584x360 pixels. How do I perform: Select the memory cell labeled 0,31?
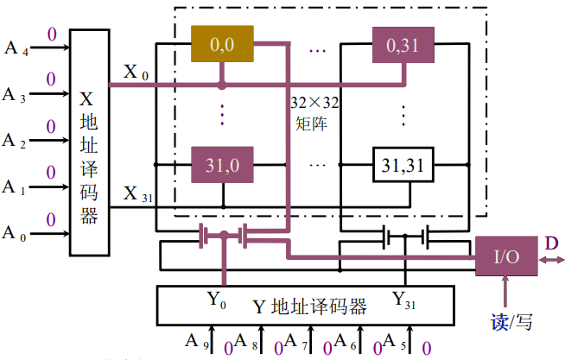pyautogui.click(x=403, y=43)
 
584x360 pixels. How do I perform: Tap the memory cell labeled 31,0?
pyautogui.click(x=223, y=163)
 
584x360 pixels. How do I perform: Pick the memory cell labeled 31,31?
pyautogui.click(x=403, y=163)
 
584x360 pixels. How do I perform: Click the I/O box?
pyautogui.click(x=505, y=256)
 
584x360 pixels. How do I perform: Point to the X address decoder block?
pyautogui.click(x=88, y=142)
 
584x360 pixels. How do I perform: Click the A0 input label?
pyautogui.click(x=15, y=233)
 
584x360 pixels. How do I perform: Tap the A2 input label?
pyautogui.click(x=15, y=140)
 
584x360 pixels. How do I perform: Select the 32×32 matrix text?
pyautogui.click(x=314, y=112)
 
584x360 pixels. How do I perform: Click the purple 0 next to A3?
pyautogui.click(x=50, y=80)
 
